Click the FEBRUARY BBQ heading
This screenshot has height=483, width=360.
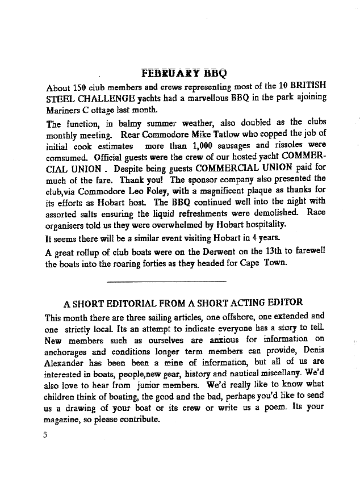pos(184,73)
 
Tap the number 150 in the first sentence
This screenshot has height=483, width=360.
pos(80,87)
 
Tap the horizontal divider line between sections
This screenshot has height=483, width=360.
pos(166,281)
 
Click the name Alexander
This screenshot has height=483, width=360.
pos(65,362)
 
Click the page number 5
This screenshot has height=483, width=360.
pos(50,435)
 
